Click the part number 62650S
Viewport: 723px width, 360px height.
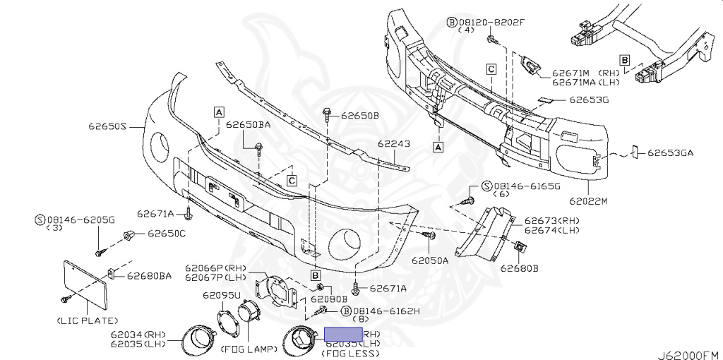point(107,127)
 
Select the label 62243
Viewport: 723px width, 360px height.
point(393,144)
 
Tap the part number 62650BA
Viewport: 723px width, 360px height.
point(249,125)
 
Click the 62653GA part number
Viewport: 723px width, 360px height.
point(671,152)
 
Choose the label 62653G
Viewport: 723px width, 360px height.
point(589,100)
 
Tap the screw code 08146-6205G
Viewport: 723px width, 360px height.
point(80,220)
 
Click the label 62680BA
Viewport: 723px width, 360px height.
point(149,275)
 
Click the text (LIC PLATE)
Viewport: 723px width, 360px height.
point(86,320)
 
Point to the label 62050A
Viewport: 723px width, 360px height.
point(430,260)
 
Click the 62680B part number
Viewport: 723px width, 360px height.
point(520,268)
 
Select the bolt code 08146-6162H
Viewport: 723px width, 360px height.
point(386,311)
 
